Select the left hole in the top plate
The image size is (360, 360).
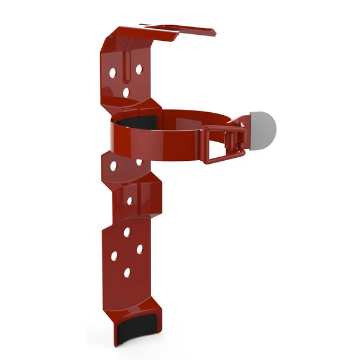pyautogui.click(x=112, y=72)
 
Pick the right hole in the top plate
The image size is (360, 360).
pyautogui.click(x=139, y=69)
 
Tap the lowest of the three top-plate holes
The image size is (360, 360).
pyautogui.click(x=125, y=92)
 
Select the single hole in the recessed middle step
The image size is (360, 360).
pyautogui.click(x=129, y=200)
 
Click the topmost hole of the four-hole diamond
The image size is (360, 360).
pyautogui.click(x=127, y=230)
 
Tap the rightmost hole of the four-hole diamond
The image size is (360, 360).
pyautogui.click(x=139, y=248)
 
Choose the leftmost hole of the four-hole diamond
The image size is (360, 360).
pyautogui.click(x=113, y=256)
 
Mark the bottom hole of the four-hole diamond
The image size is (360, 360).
pyautogui.click(x=127, y=273)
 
